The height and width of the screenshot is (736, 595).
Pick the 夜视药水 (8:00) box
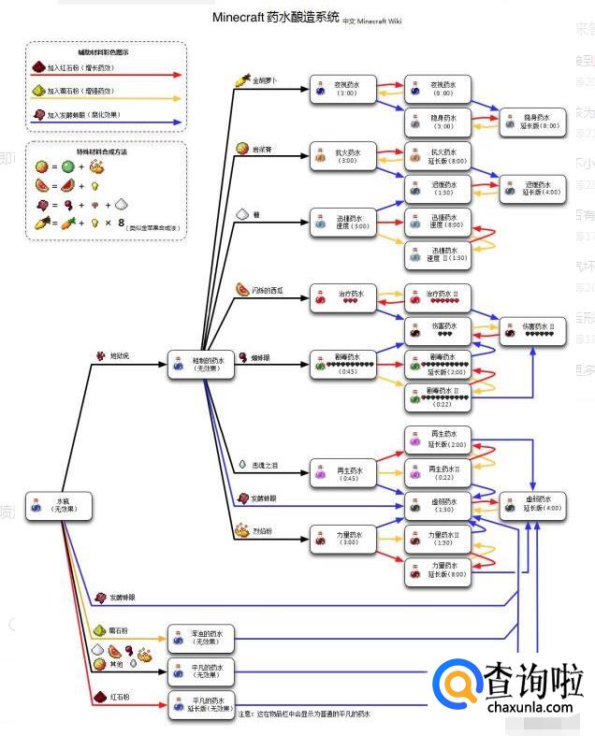pyautogui.click(x=438, y=89)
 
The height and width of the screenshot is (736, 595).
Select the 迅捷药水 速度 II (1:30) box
pyautogui.click(x=438, y=253)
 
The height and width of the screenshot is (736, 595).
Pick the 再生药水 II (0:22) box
pyautogui.click(x=438, y=472)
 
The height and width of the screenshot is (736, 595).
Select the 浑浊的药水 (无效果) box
pyautogui.click(x=199, y=638)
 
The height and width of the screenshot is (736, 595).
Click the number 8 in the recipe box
pyautogui.click(x=122, y=222)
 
